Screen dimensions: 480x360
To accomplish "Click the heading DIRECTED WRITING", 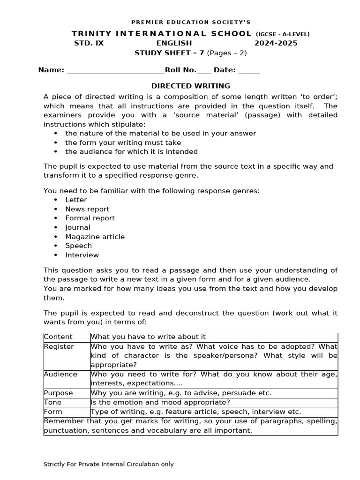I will pyautogui.click(x=190, y=86).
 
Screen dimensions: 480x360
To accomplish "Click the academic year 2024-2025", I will pyautogui.click(x=276, y=43).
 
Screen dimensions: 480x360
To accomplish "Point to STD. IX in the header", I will pyautogui.click(x=89, y=43).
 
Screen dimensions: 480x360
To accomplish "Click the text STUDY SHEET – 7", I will pyautogui.click(x=169, y=52).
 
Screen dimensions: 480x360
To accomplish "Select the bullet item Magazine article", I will pyautogui.click(x=95, y=237).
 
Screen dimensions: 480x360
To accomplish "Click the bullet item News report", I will pyautogui.click(x=87, y=209).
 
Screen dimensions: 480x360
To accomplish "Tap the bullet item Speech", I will pyautogui.click(x=78, y=246).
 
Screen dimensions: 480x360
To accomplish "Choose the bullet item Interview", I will pyautogui.click(x=82, y=255).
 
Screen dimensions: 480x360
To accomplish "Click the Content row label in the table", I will pyautogui.click(x=58, y=337).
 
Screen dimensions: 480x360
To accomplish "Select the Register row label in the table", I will pyautogui.click(x=59, y=346).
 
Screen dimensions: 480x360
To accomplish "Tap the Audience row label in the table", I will pyautogui.click(x=60, y=374).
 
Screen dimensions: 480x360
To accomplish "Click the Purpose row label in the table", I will pyautogui.click(x=59, y=393).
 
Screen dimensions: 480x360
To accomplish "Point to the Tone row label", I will pyautogui.click(x=52, y=403).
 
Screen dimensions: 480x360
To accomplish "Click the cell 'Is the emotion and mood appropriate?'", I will pyautogui.click(x=160, y=403).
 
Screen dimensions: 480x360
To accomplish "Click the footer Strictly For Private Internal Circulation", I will pyautogui.click(x=108, y=464).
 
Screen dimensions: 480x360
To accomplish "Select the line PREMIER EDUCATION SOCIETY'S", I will pyautogui.click(x=191, y=22).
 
